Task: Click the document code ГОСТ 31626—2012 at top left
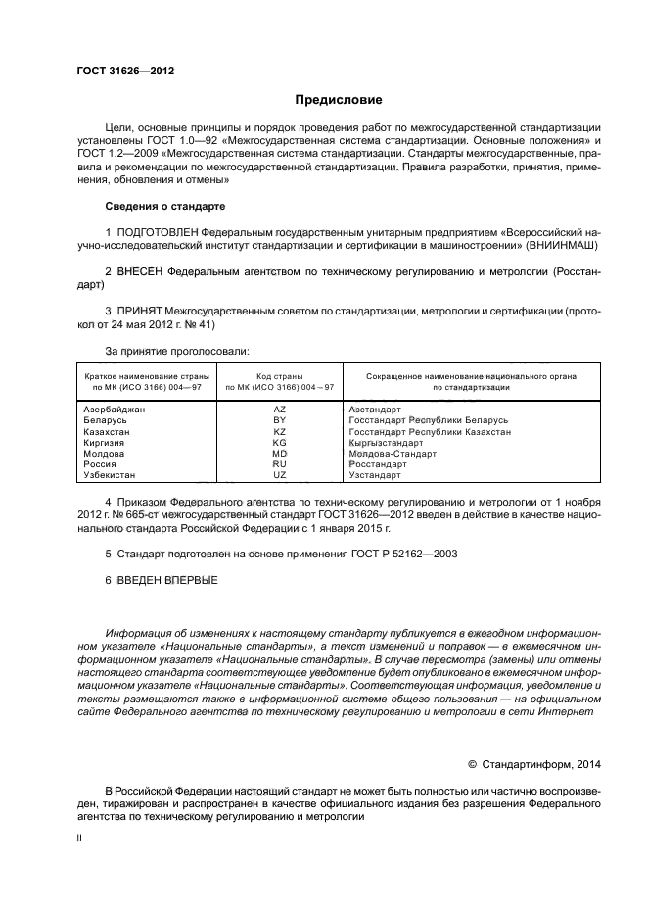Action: pos(118,72)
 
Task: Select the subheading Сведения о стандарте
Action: pos(164,207)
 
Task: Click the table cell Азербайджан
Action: pos(115,409)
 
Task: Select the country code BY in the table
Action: pos(279,419)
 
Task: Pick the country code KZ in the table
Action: pos(279,431)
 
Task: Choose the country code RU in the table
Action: pos(279,464)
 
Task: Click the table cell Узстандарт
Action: pos(375,475)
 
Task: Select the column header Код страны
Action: pos(279,376)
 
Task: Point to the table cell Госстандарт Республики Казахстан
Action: pos(429,431)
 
